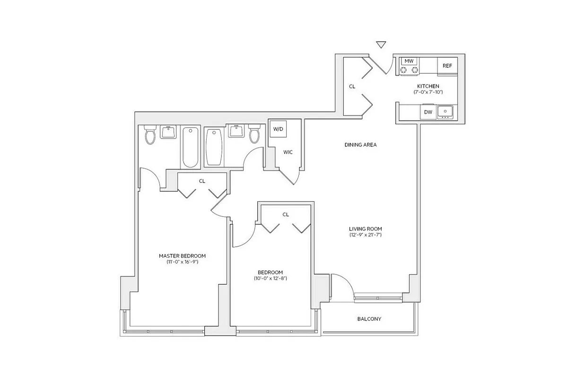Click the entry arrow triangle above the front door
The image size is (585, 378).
(381, 45)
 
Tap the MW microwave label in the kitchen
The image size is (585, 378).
(409, 61)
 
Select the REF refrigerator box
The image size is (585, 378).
(447, 66)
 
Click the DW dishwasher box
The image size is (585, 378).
(428, 112)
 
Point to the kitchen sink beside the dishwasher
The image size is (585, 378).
(445, 112)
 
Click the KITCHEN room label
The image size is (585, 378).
(428, 86)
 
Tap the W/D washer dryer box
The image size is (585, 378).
(278, 129)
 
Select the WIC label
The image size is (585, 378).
(288, 152)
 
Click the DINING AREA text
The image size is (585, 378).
(360, 145)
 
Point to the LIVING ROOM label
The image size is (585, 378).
(366, 229)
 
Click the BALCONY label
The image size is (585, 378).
(369, 319)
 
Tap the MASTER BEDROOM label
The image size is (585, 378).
(182, 256)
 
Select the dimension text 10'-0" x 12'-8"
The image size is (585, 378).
(270, 278)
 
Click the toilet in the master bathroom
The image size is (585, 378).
(150, 135)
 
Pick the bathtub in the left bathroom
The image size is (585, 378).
(190, 146)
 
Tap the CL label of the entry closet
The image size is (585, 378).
(352, 86)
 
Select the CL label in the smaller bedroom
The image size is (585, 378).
(286, 215)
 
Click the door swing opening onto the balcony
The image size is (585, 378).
(341, 286)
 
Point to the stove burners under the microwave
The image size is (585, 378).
(410, 70)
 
